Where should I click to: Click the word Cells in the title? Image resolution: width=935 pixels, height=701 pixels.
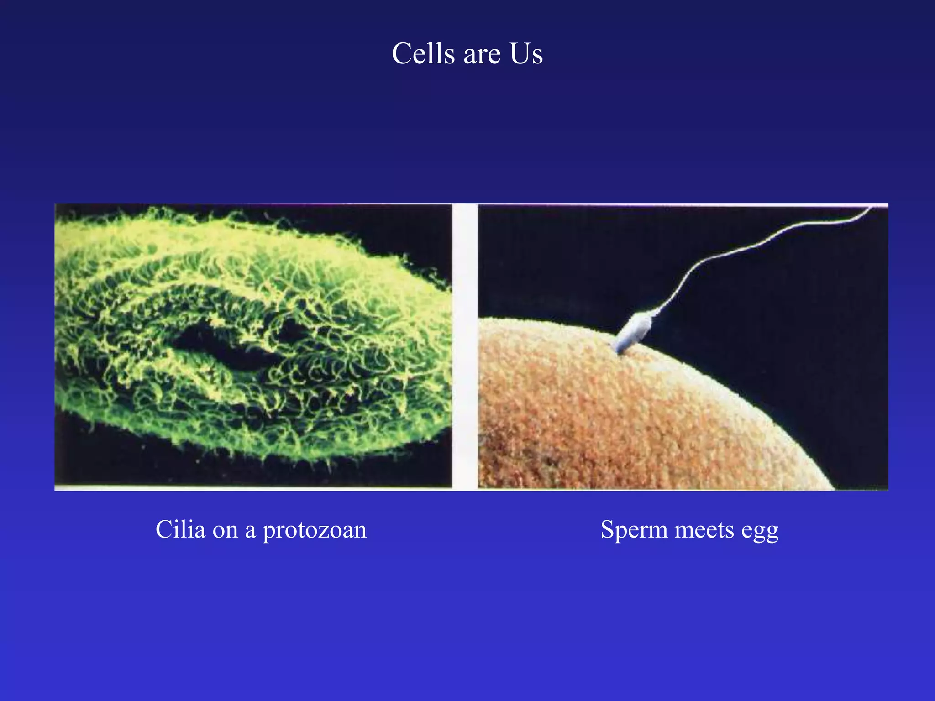[423, 54]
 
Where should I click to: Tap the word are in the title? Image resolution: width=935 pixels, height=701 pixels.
[482, 55]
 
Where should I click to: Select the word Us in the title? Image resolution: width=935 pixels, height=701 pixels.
[526, 54]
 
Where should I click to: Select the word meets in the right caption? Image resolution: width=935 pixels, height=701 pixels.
[705, 530]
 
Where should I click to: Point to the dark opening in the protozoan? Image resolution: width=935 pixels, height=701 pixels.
[224, 349]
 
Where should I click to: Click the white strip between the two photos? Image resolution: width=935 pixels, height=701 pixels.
[465, 347]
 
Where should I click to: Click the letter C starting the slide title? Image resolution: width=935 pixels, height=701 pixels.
[401, 54]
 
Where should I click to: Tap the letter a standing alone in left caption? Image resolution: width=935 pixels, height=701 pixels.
[250, 531]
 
